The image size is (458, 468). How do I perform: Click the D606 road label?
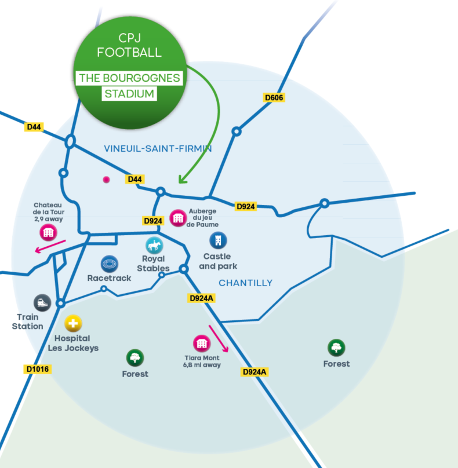click(274, 97)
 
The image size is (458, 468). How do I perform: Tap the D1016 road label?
click(38, 368)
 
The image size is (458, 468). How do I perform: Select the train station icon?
click(42, 302)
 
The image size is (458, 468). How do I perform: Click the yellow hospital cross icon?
click(73, 323)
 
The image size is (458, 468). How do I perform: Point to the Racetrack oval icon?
click(110, 264)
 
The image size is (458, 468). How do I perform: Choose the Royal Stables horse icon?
click(154, 245)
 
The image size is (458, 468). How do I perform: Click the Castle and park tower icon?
click(218, 240)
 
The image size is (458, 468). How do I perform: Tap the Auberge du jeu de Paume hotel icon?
click(177, 218)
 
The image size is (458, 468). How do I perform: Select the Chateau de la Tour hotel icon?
click(48, 232)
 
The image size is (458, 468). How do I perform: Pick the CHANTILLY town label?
click(245, 283)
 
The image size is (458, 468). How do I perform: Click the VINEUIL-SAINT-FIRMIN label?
click(158, 149)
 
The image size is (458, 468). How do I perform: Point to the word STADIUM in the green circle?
click(129, 93)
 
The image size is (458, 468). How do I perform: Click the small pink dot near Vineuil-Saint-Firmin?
click(106, 180)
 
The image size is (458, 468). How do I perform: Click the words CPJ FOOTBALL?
click(129, 45)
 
